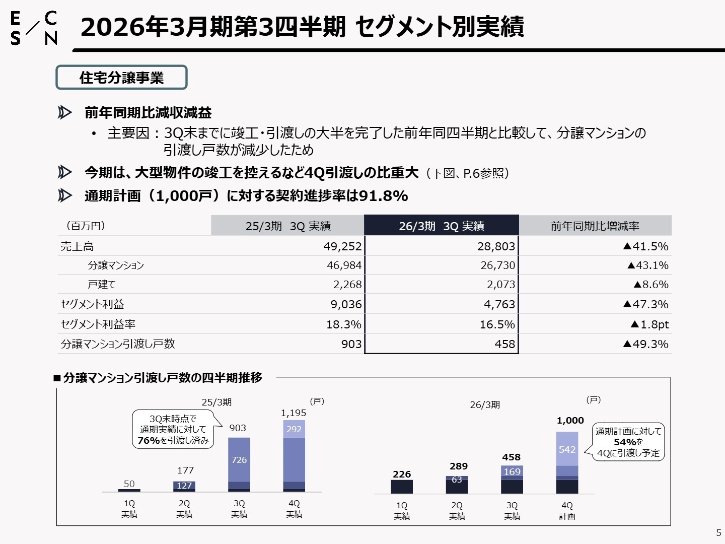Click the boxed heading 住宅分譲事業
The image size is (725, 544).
point(121,78)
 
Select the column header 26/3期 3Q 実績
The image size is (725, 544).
point(441,226)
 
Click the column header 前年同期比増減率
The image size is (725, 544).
point(595,226)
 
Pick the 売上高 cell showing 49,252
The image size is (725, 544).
point(342,246)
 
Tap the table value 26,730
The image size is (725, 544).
point(497,265)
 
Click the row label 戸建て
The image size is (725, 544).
point(102,285)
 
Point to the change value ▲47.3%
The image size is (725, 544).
point(645,304)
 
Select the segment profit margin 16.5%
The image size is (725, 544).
point(497,324)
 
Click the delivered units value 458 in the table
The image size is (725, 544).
point(504,344)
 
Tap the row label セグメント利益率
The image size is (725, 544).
point(98,324)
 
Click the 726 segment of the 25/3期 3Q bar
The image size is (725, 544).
point(239,459)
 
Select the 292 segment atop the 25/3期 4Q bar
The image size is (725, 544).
point(294,429)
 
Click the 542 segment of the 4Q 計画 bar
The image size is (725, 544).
point(567,449)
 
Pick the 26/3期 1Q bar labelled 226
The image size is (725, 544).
point(402,487)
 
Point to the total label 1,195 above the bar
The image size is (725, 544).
point(294,413)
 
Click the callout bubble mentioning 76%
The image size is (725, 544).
point(173,429)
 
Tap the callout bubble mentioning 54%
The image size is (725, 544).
point(628,442)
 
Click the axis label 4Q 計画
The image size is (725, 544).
point(567,510)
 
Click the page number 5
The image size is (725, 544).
point(718,532)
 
